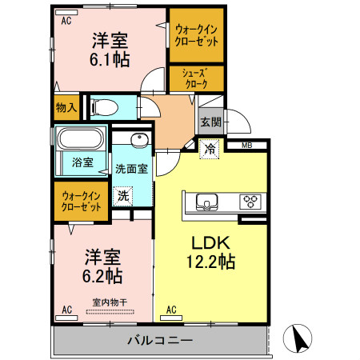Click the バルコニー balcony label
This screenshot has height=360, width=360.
click(x=159, y=341)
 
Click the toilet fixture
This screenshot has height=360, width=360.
click(x=105, y=106)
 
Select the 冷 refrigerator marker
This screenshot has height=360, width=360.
click(x=210, y=148)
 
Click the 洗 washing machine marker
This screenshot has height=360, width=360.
click(x=123, y=196)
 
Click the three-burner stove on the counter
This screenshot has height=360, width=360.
click(x=250, y=201)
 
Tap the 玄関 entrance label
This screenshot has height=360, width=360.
click(x=210, y=122)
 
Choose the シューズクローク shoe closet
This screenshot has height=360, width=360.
click(x=196, y=78)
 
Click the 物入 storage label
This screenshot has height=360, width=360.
click(x=66, y=106)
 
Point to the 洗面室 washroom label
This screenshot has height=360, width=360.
click(x=130, y=169)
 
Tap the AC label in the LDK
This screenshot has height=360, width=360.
click(x=171, y=308)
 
